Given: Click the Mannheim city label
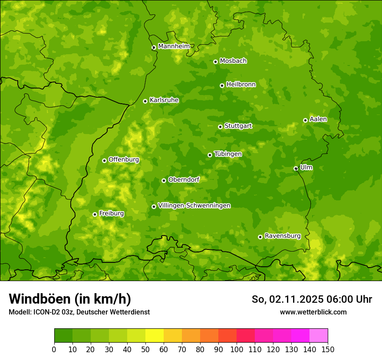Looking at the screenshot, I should point(174,46).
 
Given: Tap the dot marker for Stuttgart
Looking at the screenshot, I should point(220,127).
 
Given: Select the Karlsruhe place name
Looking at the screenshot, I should point(164,100).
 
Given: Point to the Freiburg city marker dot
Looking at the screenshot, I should point(95,214).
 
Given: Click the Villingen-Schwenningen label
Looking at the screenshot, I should point(194,206).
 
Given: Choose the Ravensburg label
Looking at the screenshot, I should point(283,236).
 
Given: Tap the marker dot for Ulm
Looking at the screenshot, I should point(296,168).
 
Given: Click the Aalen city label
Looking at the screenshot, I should point(318,119).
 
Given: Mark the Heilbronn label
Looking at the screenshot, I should point(241,85).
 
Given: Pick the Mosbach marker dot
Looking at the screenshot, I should point(215,62).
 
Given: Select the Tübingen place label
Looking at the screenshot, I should point(228,154).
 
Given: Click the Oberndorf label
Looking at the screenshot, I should point(184,180).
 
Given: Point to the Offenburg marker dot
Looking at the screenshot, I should point(104,160).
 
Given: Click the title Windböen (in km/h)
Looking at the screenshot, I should point(69,299).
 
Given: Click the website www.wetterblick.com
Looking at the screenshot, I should point(313,312).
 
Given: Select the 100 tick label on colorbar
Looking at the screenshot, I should point(237,350).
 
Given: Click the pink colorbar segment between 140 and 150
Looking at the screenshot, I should point(319,336).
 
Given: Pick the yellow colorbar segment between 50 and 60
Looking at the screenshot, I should point(155,336).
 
